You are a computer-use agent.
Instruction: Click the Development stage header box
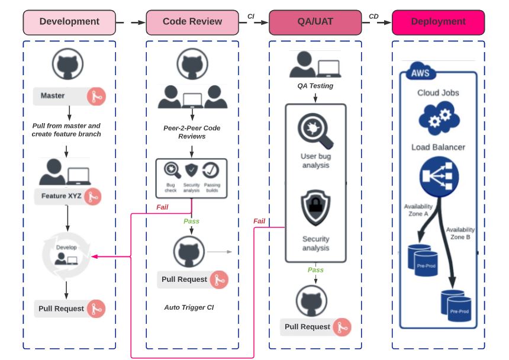(x=69, y=22)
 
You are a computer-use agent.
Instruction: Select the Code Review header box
(x=192, y=22)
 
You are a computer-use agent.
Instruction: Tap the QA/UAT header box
(x=315, y=22)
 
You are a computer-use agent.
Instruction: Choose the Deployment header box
(x=438, y=22)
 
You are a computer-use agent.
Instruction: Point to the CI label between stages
(x=251, y=17)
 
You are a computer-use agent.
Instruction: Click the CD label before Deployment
(x=374, y=17)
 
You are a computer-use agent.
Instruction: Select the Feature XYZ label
(x=62, y=196)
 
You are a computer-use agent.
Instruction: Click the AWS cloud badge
(x=419, y=73)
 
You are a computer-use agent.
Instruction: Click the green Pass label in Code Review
(x=191, y=221)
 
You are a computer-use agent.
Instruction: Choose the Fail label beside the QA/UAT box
(x=259, y=221)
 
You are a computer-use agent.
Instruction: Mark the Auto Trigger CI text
(x=189, y=307)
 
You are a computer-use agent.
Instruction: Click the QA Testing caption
(x=315, y=86)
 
